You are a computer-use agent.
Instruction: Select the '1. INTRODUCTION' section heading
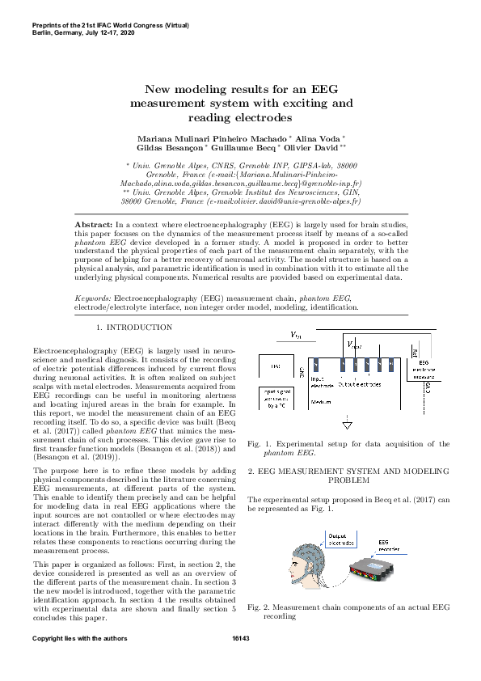point(134,328)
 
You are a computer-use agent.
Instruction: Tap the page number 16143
point(240,639)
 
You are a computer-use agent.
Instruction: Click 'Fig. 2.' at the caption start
point(260,606)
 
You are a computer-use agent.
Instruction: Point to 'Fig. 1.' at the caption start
point(260,443)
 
